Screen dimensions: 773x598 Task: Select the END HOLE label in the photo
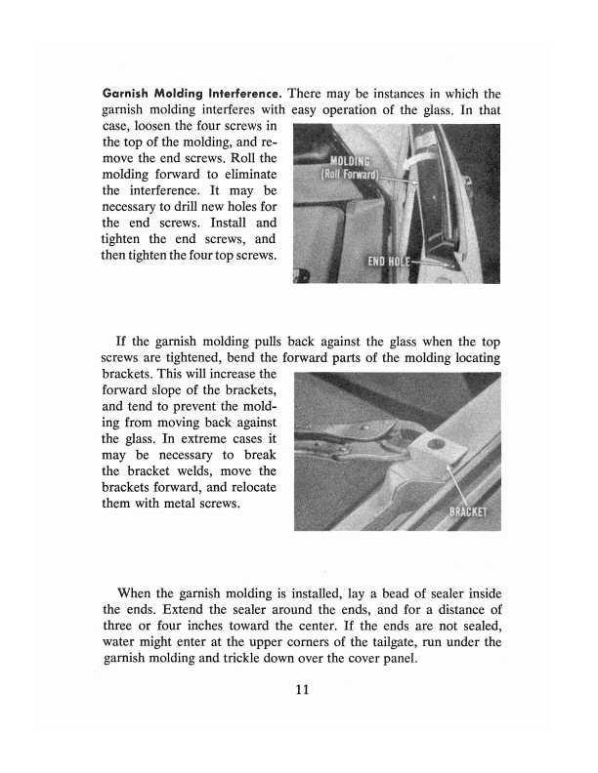click(x=387, y=262)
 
